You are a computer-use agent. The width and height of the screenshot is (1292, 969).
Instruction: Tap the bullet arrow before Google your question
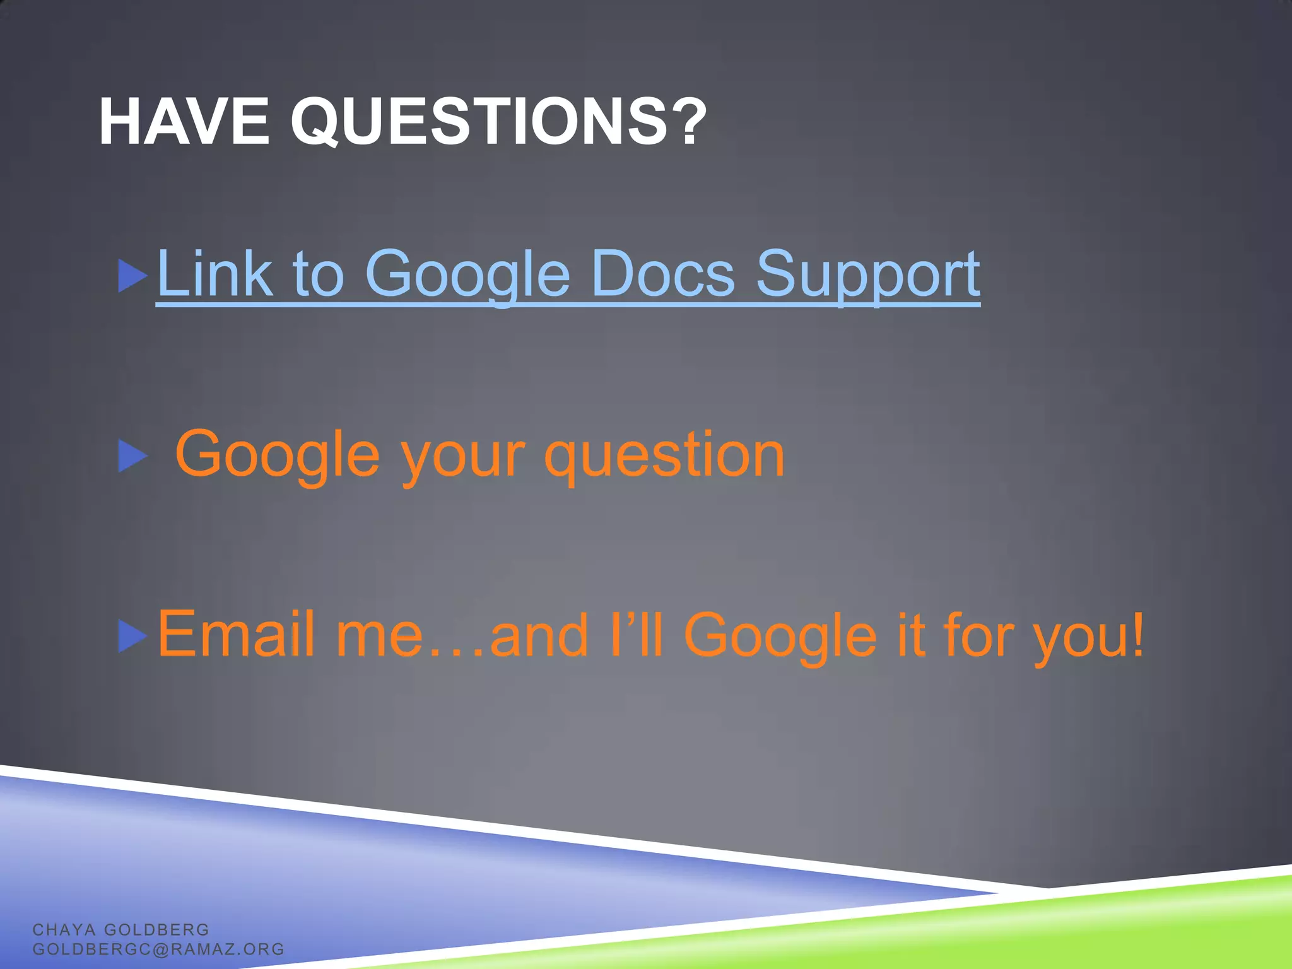[x=132, y=455]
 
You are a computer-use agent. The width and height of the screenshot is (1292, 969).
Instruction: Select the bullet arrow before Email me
[x=132, y=636]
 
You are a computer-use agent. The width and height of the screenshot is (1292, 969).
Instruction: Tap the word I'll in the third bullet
[x=637, y=634]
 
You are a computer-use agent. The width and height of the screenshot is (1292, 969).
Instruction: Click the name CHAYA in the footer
[x=64, y=929]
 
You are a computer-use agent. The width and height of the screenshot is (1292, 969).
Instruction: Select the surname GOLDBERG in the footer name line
[x=156, y=929]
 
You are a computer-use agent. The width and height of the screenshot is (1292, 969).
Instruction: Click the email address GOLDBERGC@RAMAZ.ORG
[x=158, y=949]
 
